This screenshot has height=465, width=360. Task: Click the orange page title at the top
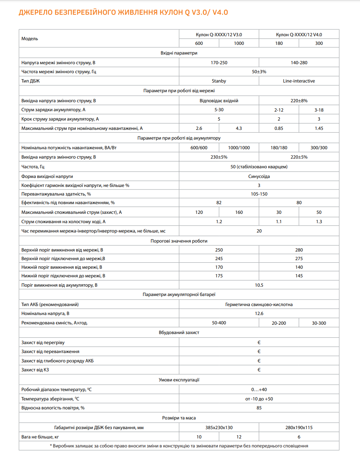[123, 13]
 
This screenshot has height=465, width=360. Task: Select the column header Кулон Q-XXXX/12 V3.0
[219, 35]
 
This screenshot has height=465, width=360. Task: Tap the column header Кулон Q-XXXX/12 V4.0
[299, 35]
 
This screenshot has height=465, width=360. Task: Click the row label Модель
[30, 39]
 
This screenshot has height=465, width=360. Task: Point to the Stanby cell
[219, 81]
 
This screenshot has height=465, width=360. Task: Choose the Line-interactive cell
[299, 81]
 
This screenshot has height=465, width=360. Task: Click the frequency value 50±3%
[259, 72]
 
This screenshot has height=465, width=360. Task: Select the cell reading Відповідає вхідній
[219, 101]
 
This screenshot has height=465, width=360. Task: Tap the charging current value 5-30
[219, 110]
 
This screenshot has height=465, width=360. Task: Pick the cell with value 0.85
[279, 128]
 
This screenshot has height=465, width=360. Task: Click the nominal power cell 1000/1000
[239, 148]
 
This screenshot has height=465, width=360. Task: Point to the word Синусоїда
[259, 177]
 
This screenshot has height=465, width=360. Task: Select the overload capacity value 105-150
[259, 194]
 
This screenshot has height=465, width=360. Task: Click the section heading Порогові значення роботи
[179, 241]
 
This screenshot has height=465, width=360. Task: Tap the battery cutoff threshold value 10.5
[259, 285]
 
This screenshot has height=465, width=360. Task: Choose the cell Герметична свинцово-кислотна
[259, 305]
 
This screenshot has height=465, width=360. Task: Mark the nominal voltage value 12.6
[259, 314]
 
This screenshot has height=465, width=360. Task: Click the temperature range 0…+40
[259, 390]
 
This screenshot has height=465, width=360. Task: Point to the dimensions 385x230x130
[219, 428]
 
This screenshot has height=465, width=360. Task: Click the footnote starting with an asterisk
[179, 446]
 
